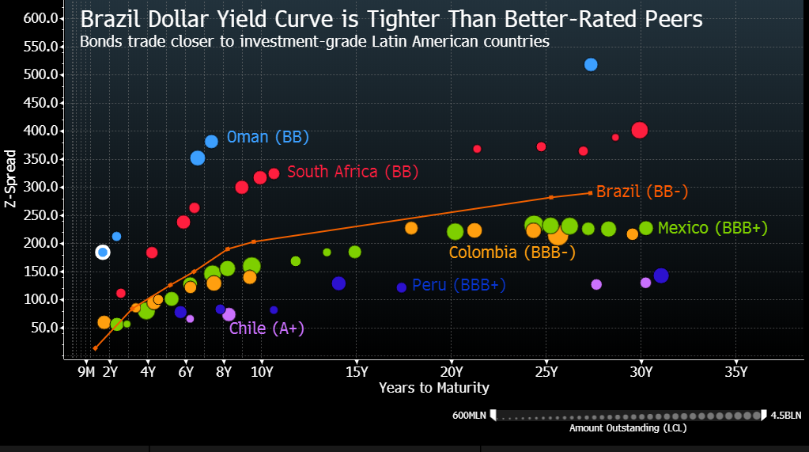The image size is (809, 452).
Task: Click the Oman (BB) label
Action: coord(267,137)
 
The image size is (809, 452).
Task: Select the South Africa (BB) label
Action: coord(352,172)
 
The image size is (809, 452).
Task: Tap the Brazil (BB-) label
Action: coord(642,192)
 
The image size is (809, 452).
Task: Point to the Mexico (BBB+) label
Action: coord(713,228)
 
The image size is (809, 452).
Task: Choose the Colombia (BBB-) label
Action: coord(512,253)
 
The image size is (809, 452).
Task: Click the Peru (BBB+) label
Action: coord(459,285)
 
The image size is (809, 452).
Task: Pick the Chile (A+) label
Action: coord(267,329)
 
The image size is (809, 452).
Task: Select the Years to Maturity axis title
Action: coord(433,388)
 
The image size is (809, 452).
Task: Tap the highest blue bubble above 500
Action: coord(591,65)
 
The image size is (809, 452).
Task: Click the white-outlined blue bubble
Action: coord(102,253)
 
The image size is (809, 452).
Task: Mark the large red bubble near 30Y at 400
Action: coord(640,131)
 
